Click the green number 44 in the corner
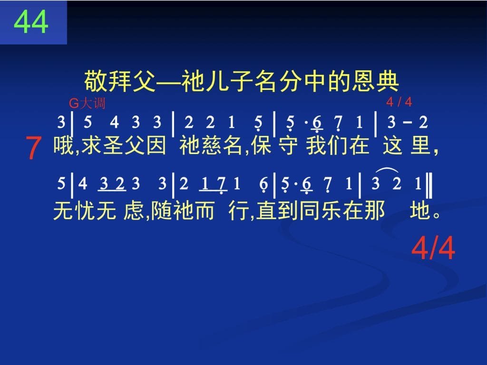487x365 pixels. coord(31,22)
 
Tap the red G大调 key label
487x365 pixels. coord(87,103)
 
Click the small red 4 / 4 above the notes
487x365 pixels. coord(399,102)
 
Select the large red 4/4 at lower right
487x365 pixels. coord(433,248)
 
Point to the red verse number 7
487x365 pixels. coord(33,148)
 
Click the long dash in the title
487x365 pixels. coord(169,82)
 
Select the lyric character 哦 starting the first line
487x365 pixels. coord(64,145)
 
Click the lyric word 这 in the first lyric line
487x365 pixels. coord(393,145)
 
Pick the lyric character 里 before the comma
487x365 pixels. coord(420,145)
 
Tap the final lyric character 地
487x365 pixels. coord(420,211)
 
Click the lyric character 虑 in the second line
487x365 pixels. coord(134,211)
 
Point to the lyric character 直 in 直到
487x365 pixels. coord(266,211)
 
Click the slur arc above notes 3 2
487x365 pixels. coord(387,170)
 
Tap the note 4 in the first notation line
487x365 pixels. coord(114,122)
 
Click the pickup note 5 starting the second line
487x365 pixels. coord(61,183)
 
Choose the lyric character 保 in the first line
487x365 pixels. coord(262,145)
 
